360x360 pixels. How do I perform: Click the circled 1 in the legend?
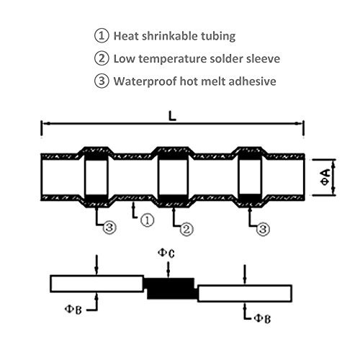102,36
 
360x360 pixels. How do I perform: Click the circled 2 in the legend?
102,58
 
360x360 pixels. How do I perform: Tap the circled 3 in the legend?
102,81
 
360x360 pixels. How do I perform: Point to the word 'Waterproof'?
145,81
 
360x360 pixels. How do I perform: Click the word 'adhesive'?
252,81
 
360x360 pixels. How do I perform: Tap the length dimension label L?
172,117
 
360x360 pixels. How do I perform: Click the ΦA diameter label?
325,177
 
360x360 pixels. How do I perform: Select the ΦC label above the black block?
166,253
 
